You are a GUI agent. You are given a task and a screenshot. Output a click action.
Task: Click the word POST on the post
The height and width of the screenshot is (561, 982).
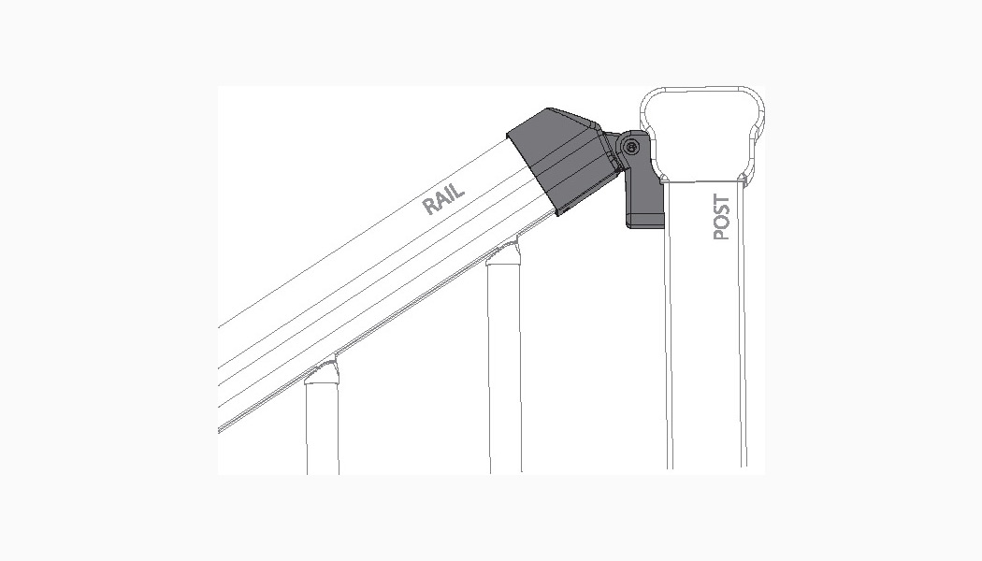pyautogui.click(x=721, y=218)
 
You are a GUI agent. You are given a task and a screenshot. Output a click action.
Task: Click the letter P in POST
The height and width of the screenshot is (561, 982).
pyautogui.click(x=721, y=234)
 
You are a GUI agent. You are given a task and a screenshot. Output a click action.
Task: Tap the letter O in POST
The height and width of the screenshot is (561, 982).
pyautogui.click(x=721, y=223)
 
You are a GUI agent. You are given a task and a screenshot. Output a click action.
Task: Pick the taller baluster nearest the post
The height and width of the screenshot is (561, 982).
pyautogui.click(x=504, y=365)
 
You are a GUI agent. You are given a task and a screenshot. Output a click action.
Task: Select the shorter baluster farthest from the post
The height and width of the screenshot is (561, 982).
pyautogui.click(x=322, y=425)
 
